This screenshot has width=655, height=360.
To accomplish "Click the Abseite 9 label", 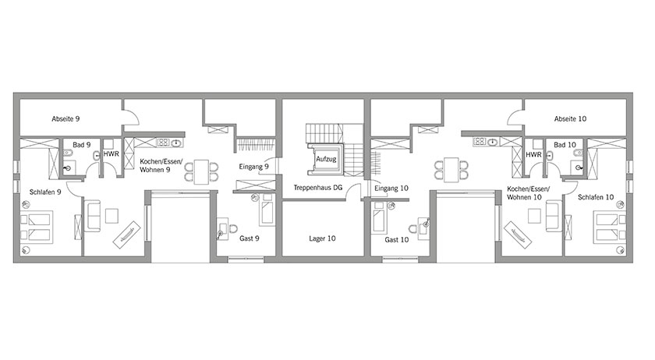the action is [65, 119].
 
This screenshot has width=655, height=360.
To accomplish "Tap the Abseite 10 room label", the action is [570, 119].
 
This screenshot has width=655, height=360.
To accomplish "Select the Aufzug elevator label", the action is [326, 159].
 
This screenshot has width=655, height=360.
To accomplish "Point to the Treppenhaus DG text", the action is [317, 188].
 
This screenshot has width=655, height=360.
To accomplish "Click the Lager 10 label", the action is [322, 238].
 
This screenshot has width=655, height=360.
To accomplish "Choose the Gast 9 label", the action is [250, 238].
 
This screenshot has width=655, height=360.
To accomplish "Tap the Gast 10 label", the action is [396, 240].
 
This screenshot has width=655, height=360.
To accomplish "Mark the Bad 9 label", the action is [81, 145].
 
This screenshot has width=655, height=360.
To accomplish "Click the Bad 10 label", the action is [565, 145].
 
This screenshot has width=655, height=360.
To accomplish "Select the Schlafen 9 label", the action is [45, 192].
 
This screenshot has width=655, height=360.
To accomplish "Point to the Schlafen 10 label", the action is [596, 197].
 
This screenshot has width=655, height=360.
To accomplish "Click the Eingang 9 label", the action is [253, 167].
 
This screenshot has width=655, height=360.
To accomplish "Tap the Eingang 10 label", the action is [391, 189].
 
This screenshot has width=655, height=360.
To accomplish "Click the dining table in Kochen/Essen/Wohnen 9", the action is [201, 171].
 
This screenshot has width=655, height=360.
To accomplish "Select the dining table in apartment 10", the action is [451, 170].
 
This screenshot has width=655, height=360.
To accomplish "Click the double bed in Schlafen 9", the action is [37, 228].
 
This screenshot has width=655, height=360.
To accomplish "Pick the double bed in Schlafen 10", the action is [610, 228].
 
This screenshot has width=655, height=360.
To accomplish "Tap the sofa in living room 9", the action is [92, 216].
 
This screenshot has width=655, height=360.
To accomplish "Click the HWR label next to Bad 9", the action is [111, 154].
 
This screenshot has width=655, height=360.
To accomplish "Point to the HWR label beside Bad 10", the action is [533, 154].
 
